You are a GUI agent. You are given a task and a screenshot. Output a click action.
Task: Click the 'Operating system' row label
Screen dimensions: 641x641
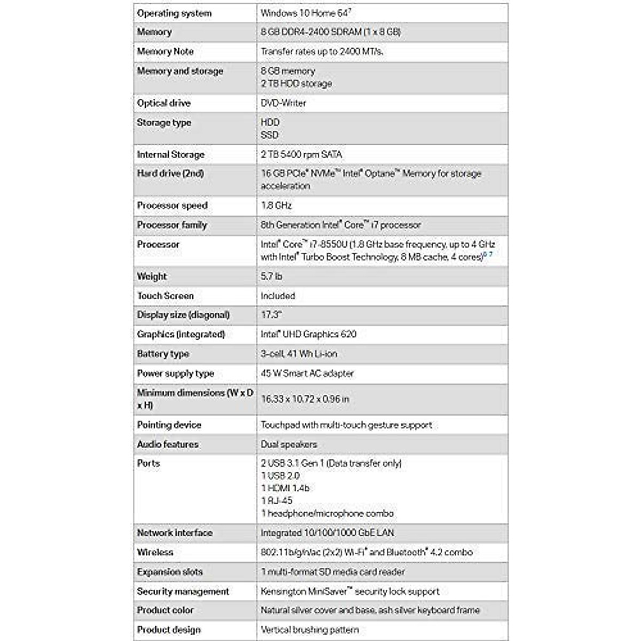click(x=174, y=13)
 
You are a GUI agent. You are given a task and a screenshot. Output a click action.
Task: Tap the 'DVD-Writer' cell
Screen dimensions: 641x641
click(x=283, y=103)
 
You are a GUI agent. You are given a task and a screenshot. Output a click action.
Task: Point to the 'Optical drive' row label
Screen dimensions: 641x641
click(x=163, y=103)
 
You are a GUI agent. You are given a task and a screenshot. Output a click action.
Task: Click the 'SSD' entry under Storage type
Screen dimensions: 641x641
click(x=270, y=135)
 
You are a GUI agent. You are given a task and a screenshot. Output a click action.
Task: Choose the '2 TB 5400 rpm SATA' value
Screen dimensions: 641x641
click(x=301, y=154)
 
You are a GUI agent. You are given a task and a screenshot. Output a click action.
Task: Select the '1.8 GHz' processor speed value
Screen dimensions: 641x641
click(x=276, y=206)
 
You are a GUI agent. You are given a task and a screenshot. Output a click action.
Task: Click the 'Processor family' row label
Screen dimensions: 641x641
click(x=171, y=225)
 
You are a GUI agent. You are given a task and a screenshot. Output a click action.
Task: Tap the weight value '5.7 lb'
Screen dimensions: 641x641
click(x=271, y=276)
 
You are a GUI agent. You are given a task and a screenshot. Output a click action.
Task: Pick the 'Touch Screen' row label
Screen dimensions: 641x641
click(x=165, y=295)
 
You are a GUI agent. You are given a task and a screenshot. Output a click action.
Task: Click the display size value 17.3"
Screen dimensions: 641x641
click(x=271, y=315)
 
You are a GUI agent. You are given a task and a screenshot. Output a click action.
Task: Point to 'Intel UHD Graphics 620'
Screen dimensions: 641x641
click(x=308, y=334)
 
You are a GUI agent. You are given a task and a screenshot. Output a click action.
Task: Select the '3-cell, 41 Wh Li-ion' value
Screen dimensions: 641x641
click(x=299, y=354)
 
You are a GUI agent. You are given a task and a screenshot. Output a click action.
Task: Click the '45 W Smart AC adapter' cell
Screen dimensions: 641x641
click(x=307, y=373)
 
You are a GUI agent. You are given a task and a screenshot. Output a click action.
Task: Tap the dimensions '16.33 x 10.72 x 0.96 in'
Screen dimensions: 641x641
click(x=305, y=399)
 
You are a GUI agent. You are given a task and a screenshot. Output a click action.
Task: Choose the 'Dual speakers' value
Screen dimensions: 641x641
click(x=288, y=444)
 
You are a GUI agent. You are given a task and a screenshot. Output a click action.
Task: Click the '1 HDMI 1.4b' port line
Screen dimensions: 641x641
click(x=285, y=488)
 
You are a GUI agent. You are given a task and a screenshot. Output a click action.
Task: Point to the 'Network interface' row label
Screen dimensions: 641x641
click(x=174, y=533)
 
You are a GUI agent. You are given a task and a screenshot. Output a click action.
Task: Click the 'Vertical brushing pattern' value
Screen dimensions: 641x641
click(x=310, y=630)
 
